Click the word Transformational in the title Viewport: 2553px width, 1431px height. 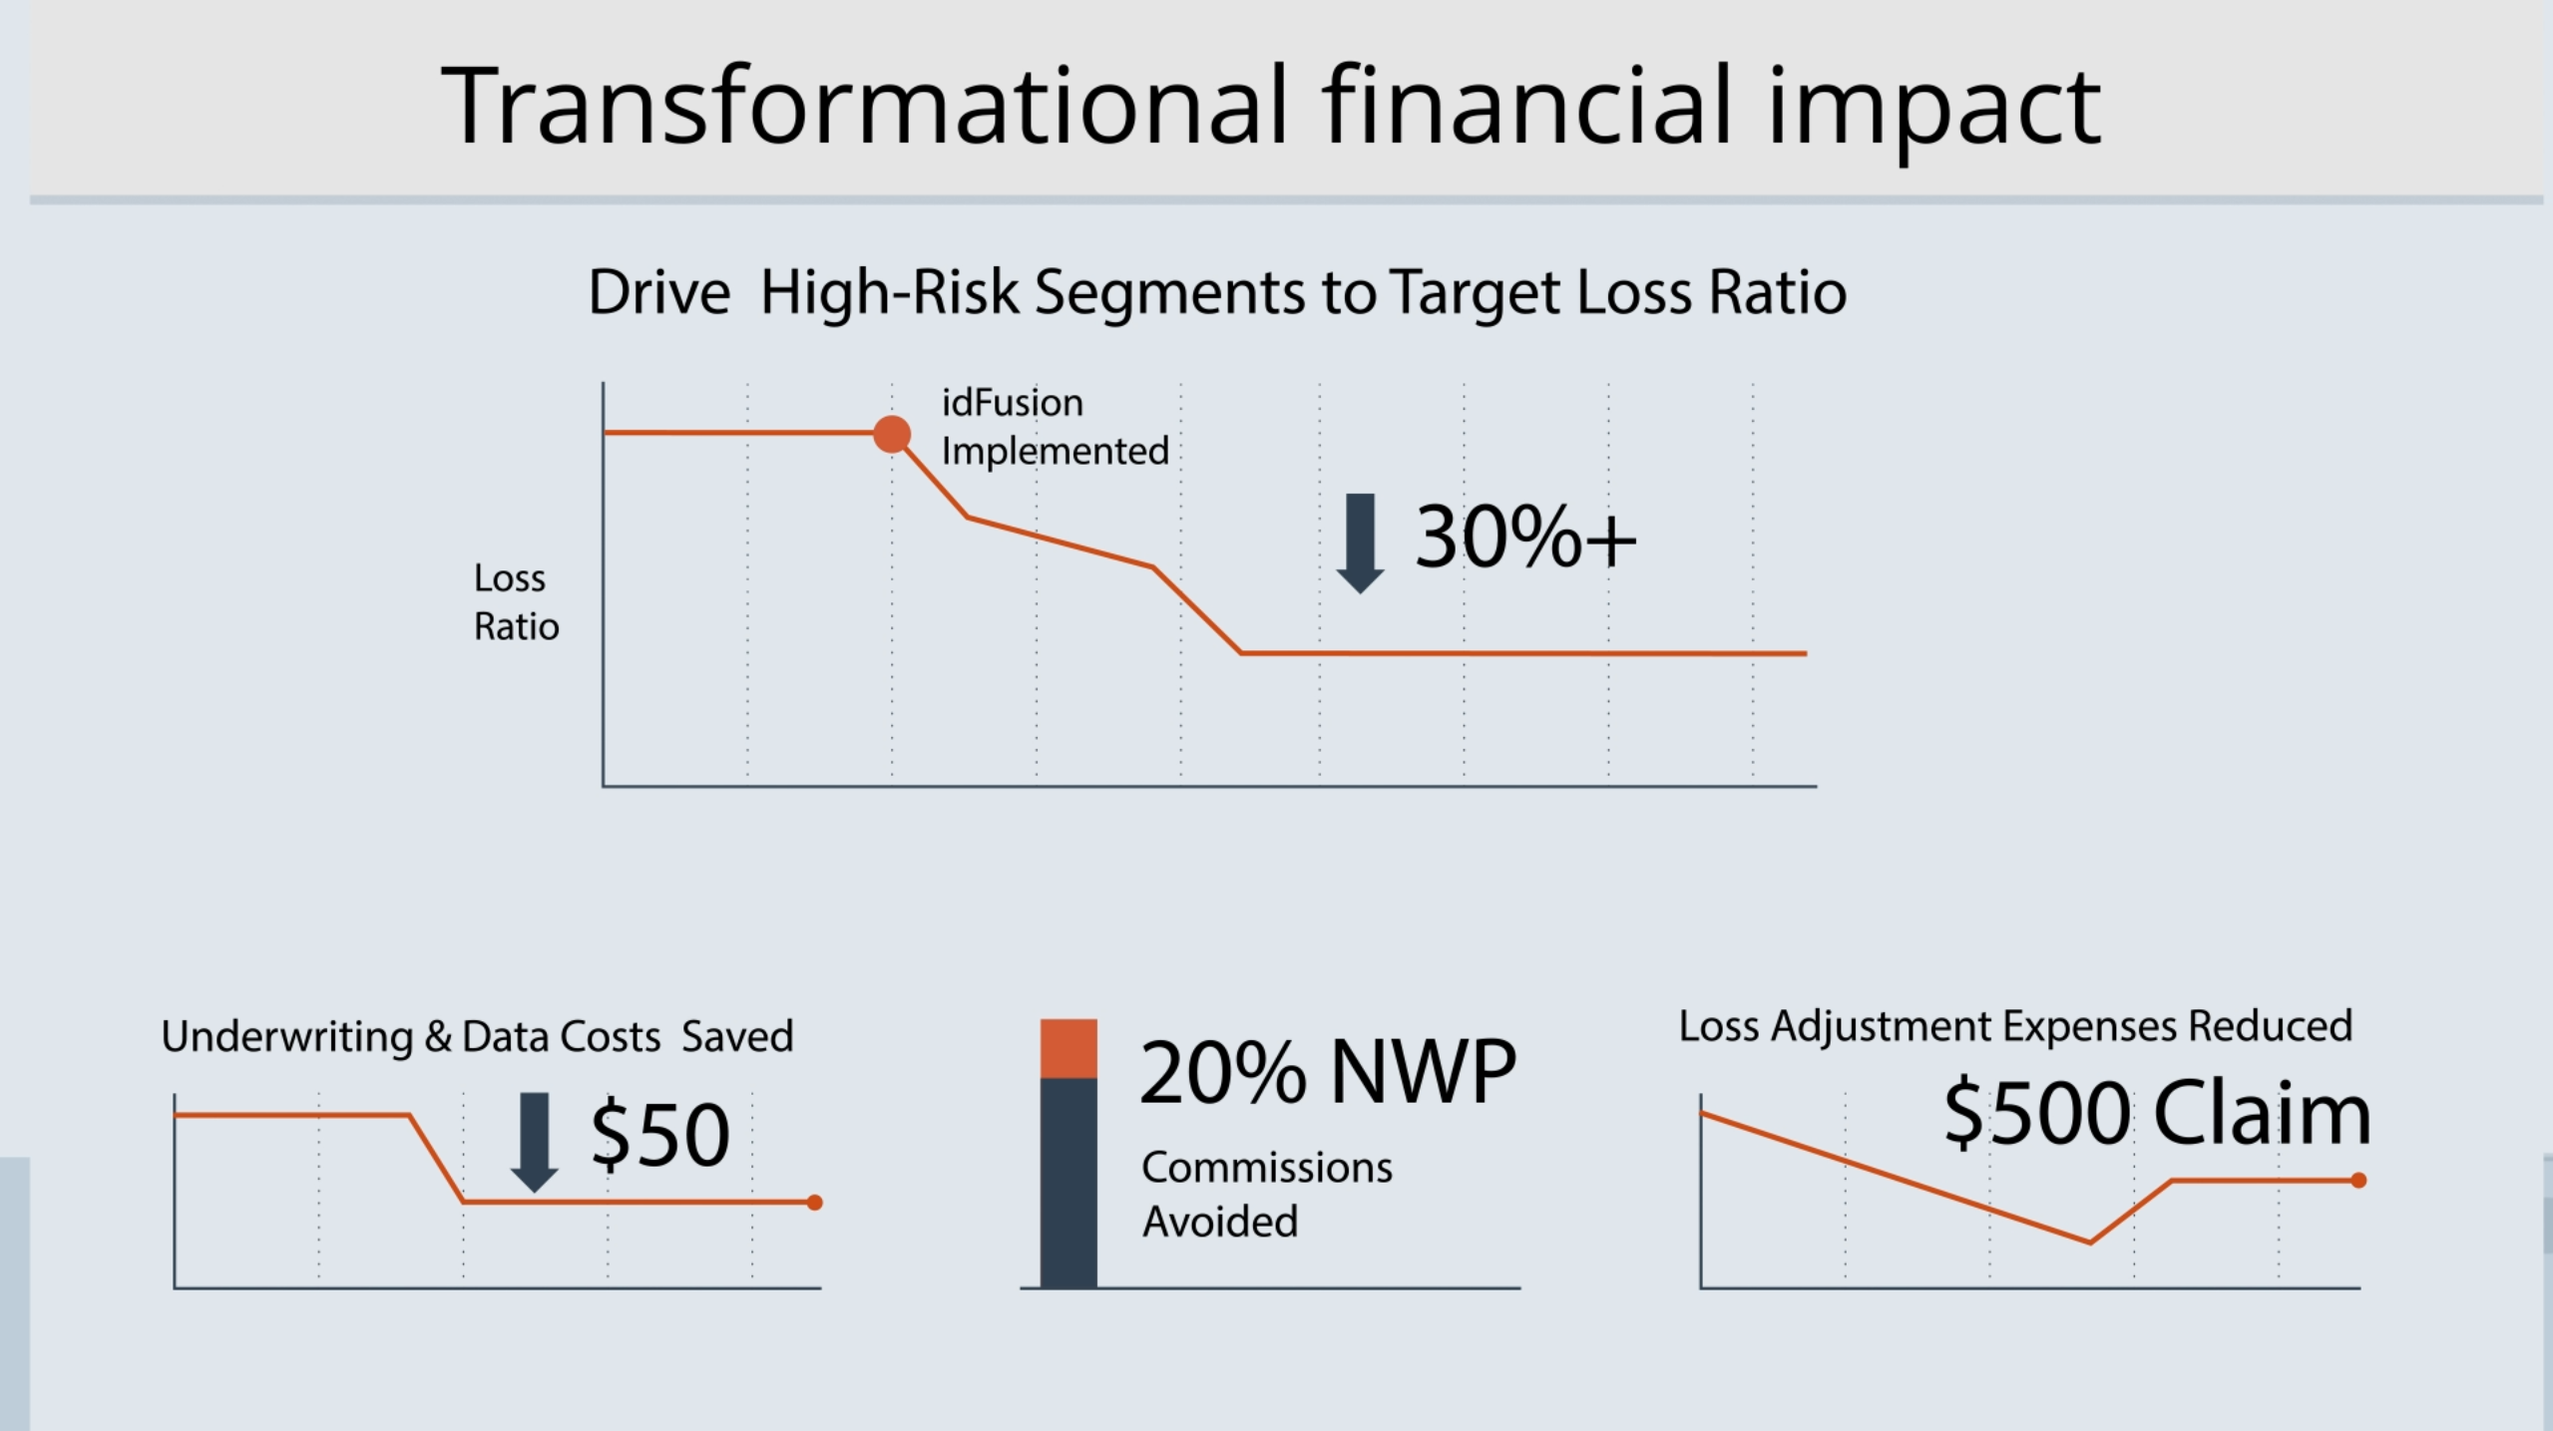coord(864,106)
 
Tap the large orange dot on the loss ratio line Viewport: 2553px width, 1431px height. coord(892,434)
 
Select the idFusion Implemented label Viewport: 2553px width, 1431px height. coord(1054,427)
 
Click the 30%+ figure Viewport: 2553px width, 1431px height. coord(1524,538)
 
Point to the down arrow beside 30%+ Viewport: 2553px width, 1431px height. coord(1360,541)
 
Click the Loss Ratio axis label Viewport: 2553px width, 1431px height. coord(515,602)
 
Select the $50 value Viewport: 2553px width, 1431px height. coord(659,1136)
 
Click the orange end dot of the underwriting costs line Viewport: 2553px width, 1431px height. coord(814,1203)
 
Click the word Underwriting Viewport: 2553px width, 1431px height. coord(286,1037)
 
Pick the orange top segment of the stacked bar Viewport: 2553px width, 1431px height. coord(1068,1048)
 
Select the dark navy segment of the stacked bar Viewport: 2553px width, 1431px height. coord(1068,1183)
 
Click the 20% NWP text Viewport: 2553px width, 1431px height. coord(1327,1073)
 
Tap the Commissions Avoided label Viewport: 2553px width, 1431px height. coord(1265,1194)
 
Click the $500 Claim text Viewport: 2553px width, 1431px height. coord(2156,1114)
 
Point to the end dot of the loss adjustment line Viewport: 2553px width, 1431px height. coord(2358,1181)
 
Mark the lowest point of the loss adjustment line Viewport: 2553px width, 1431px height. coord(2090,1243)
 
